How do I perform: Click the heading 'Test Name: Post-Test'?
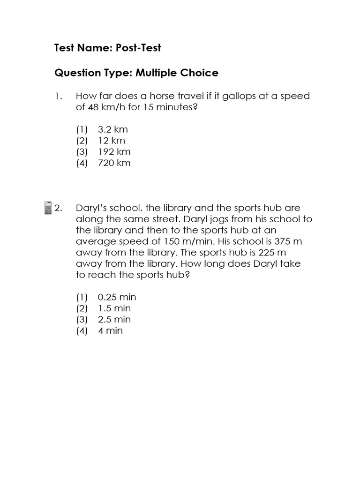pyautogui.click(x=108, y=48)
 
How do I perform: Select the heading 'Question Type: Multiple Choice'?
pyautogui.click(x=136, y=73)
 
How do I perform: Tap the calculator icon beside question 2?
pyautogui.click(x=47, y=208)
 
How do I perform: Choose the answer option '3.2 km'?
pyautogui.click(x=112, y=129)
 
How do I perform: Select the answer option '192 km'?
pyautogui.click(x=114, y=151)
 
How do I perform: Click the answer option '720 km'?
pyautogui.click(x=114, y=163)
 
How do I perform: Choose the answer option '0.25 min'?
pyautogui.click(x=117, y=297)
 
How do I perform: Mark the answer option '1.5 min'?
pyautogui.click(x=114, y=308)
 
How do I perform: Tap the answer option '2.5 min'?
pyautogui.click(x=114, y=320)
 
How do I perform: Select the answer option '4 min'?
pyautogui.click(x=110, y=331)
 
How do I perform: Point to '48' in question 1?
pyautogui.click(x=93, y=107)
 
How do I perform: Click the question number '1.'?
pyautogui.click(x=59, y=96)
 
